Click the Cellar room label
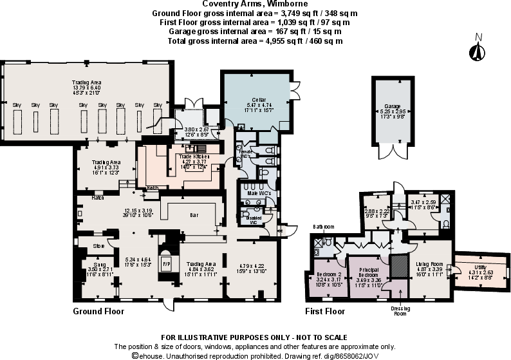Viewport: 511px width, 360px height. (x=256, y=99)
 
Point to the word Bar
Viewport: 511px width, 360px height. (x=193, y=214)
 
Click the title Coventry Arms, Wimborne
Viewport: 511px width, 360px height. (x=255, y=4)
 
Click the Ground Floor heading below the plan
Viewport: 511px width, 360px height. (x=99, y=311)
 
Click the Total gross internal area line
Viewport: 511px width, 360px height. (x=255, y=41)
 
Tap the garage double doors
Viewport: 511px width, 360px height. (x=392, y=152)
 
